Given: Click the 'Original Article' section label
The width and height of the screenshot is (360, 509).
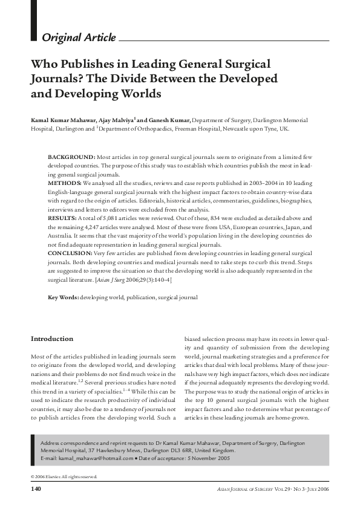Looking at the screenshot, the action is (79, 38).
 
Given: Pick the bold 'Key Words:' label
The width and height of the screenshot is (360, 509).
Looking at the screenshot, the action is (63, 298).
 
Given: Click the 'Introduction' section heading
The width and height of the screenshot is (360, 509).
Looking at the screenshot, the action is (52, 339).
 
